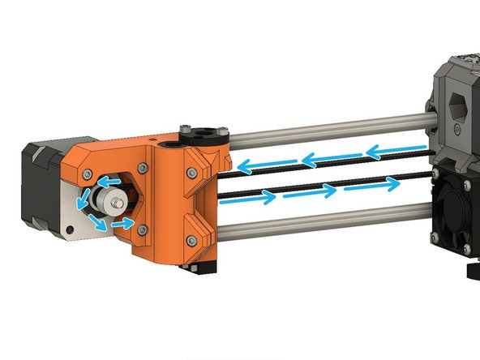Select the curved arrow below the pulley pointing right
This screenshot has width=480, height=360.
(122, 221)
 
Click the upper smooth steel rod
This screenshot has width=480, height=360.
(324, 130)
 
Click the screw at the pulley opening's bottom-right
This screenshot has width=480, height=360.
(143, 230)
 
